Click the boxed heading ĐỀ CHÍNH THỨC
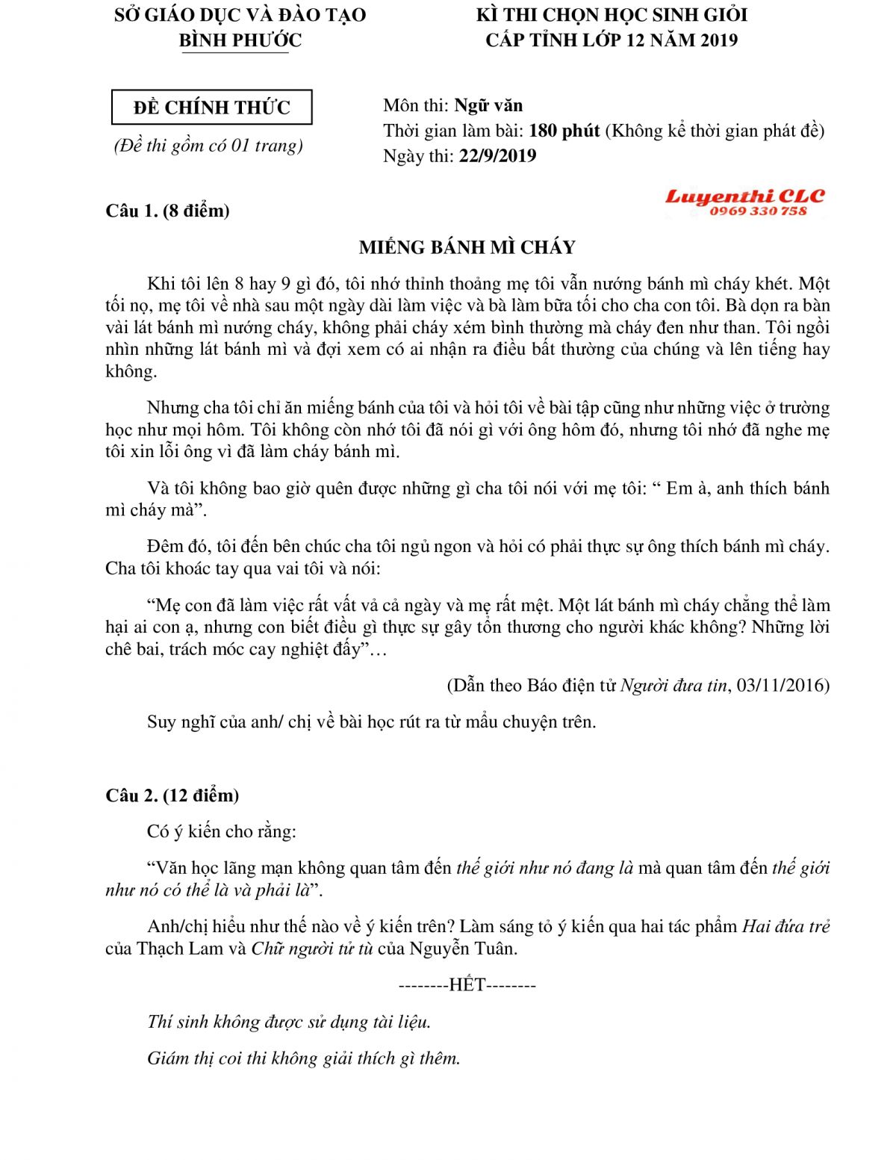(x=211, y=108)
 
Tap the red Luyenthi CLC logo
(x=744, y=196)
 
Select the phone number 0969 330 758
(x=758, y=211)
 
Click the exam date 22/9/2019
(x=497, y=155)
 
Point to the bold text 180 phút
(x=564, y=131)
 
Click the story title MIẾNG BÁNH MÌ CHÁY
(x=467, y=247)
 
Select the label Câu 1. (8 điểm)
(x=167, y=211)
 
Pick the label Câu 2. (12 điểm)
(x=172, y=795)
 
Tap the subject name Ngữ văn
(x=488, y=105)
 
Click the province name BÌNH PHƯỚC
(x=240, y=40)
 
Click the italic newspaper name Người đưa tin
(x=673, y=685)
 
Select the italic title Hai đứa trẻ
(x=785, y=926)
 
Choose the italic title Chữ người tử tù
(x=311, y=949)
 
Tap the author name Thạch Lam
(x=179, y=949)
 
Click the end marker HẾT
(x=467, y=985)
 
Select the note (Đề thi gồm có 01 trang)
(x=208, y=145)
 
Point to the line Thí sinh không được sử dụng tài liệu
(x=289, y=1022)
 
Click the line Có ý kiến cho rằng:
(x=221, y=831)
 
